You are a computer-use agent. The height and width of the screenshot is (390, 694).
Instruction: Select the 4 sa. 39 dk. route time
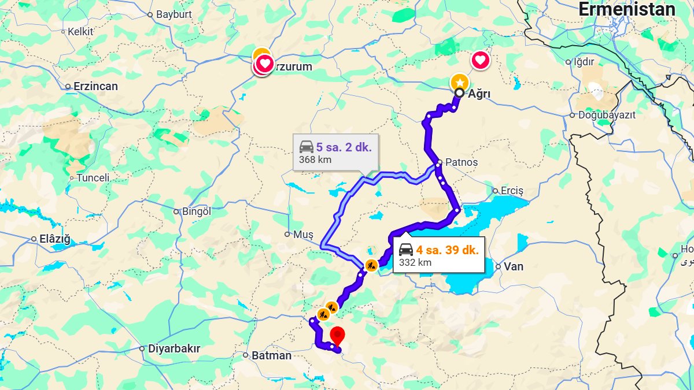click(x=447, y=250)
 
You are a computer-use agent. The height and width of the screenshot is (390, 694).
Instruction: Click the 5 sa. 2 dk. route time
click(x=344, y=147)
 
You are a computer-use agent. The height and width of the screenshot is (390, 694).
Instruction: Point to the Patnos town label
click(x=462, y=162)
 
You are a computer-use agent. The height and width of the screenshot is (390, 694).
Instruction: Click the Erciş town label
click(x=512, y=191)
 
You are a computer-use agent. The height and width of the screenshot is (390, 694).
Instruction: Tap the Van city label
click(x=514, y=266)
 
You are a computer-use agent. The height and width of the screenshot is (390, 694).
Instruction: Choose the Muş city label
click(x=302, y=234)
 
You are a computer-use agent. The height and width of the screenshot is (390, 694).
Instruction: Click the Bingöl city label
click(x=197, y=211)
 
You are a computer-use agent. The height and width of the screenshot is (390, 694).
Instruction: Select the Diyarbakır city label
click(x=174, y=348)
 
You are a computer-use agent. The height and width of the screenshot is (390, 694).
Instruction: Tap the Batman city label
click(x=271, y=355)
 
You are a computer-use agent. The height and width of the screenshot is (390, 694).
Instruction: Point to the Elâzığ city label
click(x=54, y=239)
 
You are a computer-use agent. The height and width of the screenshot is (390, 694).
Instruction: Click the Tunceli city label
click(x=93, y=178)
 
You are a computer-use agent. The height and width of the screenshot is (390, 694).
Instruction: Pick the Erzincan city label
click(x=95, y=87)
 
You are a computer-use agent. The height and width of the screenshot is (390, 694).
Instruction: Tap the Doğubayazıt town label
click(x=607, y=115)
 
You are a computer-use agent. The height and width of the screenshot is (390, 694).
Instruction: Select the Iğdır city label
click(x=584, y=62)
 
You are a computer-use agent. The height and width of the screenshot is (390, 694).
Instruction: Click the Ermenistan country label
click(x=627, y=10)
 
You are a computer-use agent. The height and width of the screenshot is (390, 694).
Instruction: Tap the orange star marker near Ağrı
click(x=459, y=82)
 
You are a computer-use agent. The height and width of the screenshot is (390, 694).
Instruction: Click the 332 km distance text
click(x=415, y=262)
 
